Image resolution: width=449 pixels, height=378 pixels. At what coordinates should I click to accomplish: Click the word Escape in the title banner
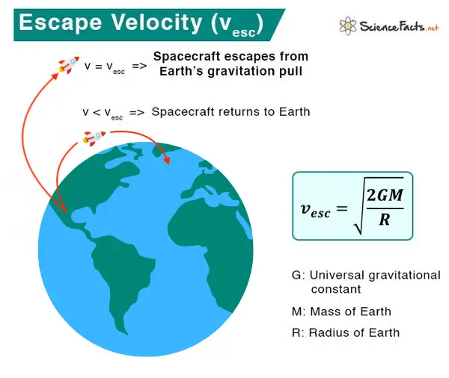click(61, 23)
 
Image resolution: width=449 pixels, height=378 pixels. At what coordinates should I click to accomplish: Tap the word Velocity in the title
click(157, 23)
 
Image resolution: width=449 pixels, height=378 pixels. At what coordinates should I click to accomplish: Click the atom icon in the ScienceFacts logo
click(348, 25)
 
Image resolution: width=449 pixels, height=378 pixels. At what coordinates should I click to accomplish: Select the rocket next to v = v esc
click(69, 65)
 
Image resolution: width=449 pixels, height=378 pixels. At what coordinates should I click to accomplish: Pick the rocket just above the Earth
click(94, 138)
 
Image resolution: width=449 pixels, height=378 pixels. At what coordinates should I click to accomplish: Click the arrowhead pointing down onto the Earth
click(167, 161)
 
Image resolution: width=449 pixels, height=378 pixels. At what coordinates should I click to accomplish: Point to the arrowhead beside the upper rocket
click(55, 76)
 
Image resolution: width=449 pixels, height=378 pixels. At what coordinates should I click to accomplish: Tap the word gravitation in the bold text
click(242, 71)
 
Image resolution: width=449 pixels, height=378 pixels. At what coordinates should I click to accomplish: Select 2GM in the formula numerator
click(385, 195)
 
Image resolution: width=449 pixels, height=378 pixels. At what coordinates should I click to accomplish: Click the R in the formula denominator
click(385, 220)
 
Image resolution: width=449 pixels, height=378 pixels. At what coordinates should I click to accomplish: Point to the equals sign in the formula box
click(342, 208)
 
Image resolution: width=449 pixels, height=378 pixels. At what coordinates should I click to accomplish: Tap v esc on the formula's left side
click(315, 210)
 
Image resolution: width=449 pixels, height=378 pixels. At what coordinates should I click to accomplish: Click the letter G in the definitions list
click(296, 275)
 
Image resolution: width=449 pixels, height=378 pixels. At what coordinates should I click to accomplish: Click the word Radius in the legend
click(329, 333)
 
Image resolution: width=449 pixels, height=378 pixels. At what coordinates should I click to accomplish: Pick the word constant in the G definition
click(336, 289)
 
